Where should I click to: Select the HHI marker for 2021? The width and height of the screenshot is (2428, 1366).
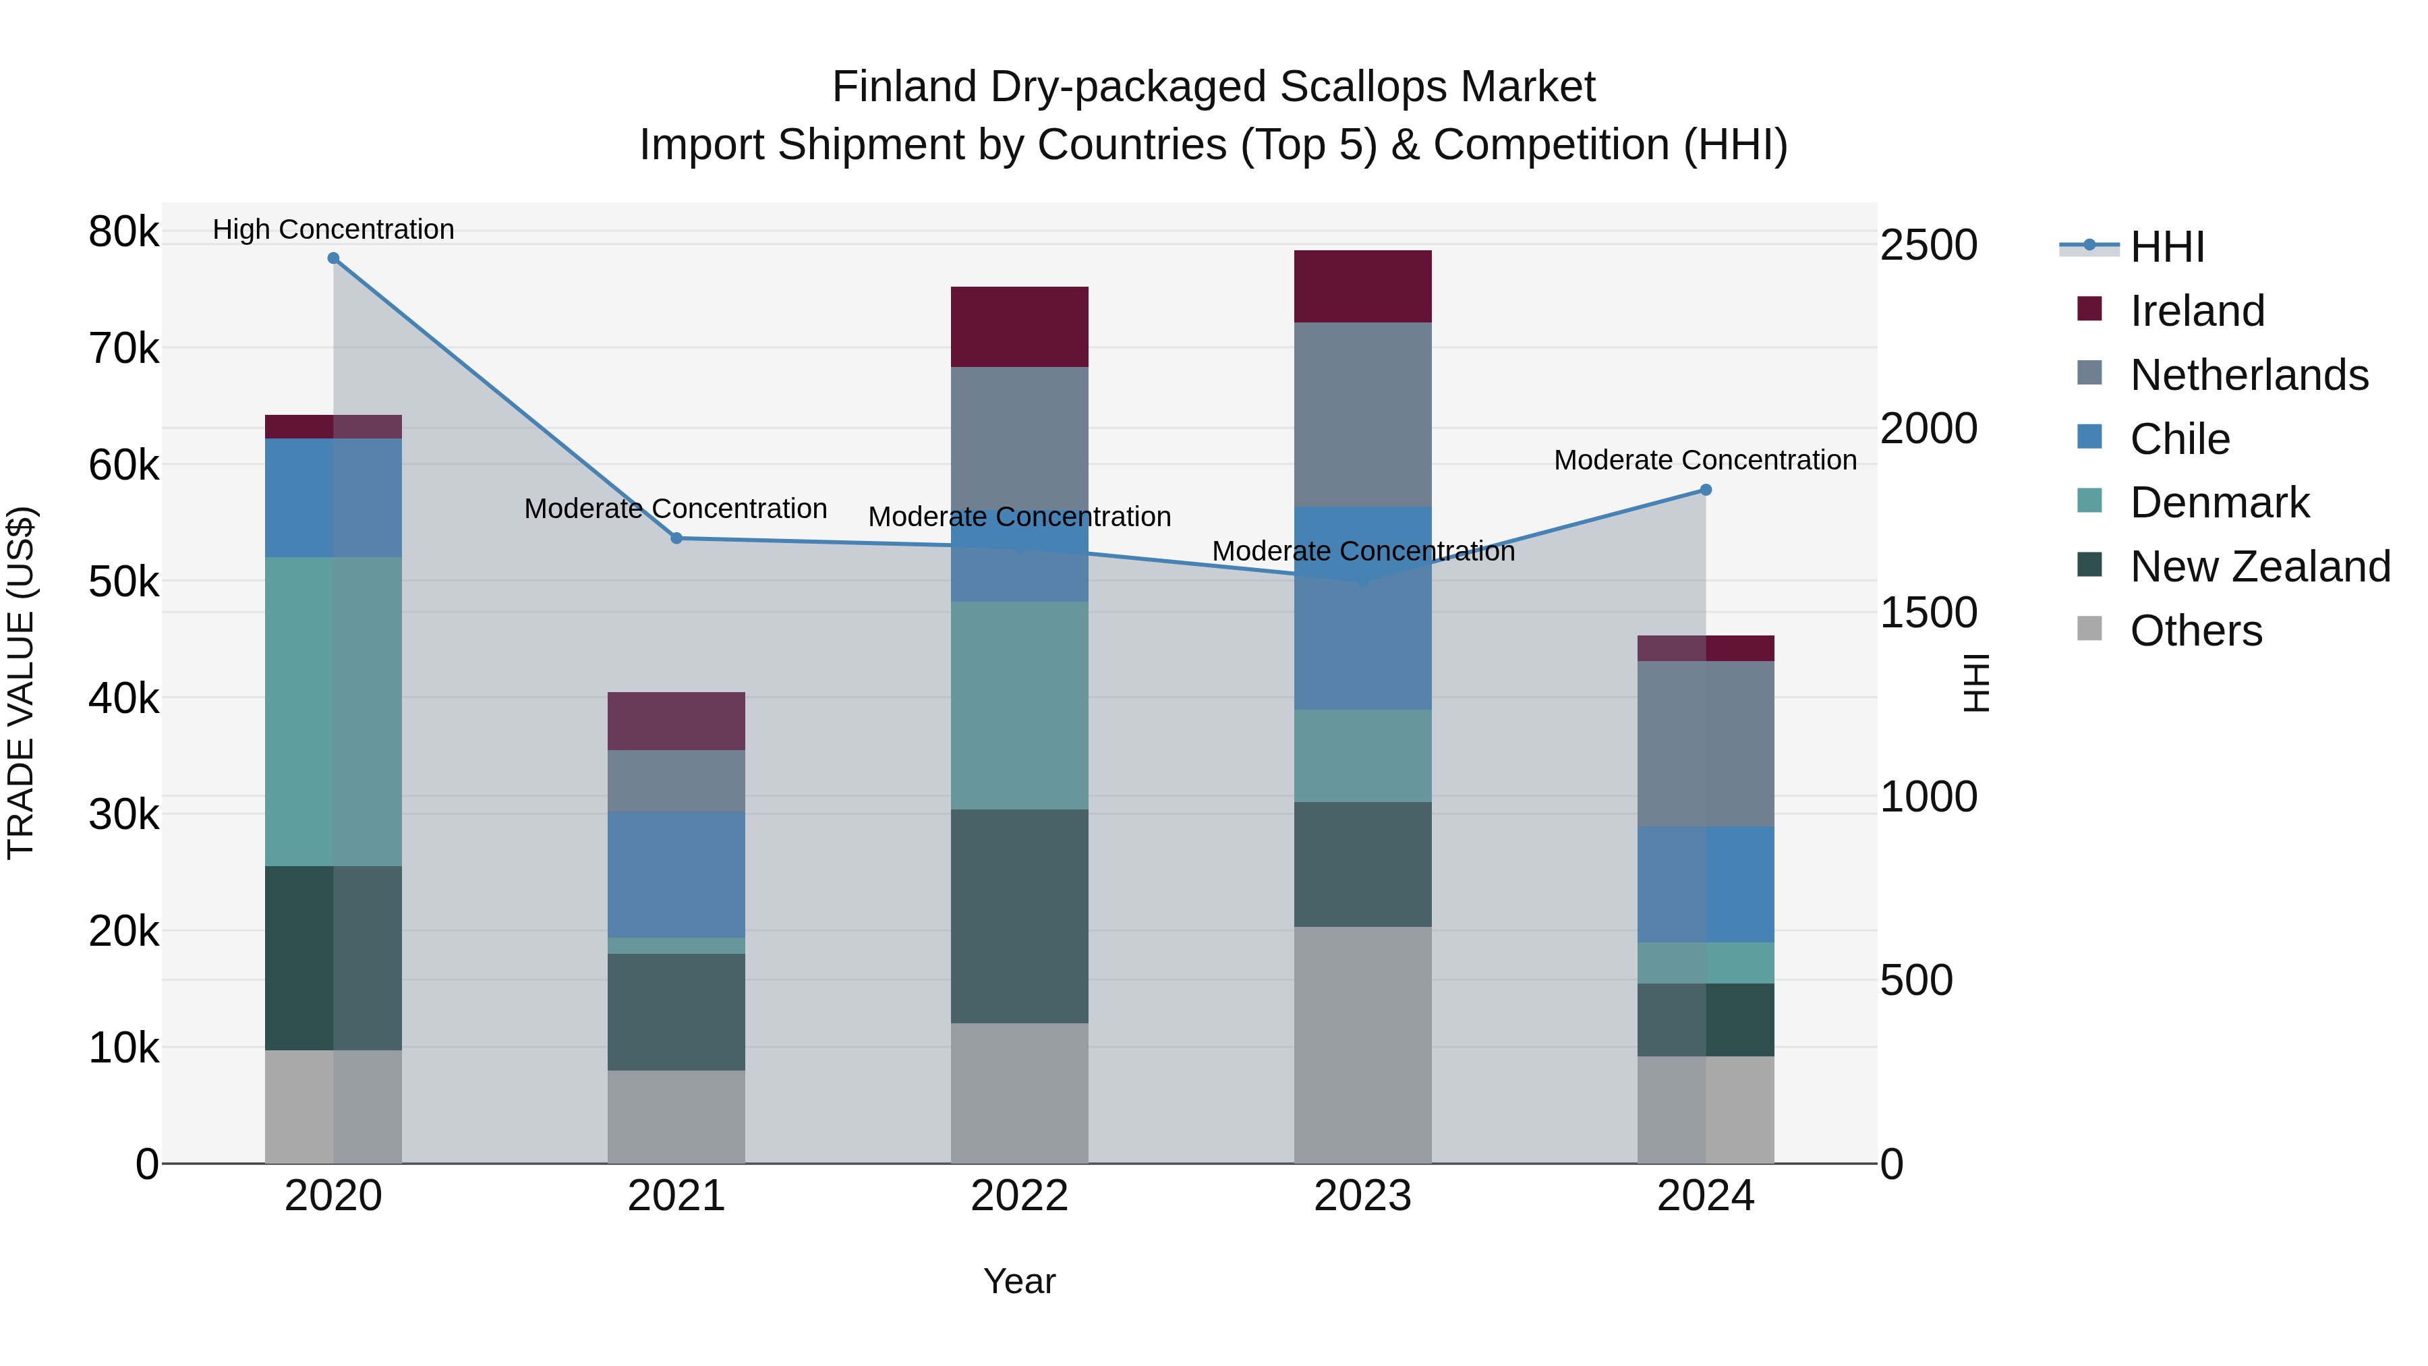coord(676,538)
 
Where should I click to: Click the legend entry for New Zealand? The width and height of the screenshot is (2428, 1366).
coord(2259,567)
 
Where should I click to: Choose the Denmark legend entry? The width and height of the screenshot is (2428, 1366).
coord(2219,503)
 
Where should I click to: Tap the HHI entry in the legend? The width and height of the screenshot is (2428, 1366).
coord(2166,247)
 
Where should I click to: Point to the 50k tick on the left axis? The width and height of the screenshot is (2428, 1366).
coord(123,581)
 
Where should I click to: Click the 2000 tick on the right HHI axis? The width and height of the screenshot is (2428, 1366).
coord(1928,429)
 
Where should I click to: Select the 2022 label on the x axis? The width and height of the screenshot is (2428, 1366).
coord(1019,1196)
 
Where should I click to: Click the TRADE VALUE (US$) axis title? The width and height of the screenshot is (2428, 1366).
coord(21,683)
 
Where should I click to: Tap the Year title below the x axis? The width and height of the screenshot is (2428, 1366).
coord(1019,1281)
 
